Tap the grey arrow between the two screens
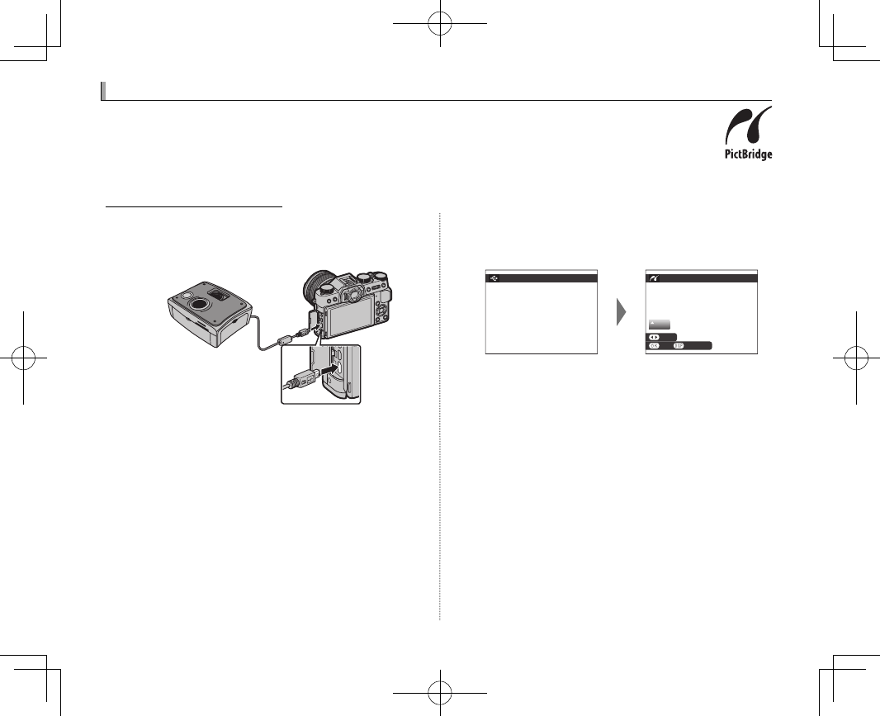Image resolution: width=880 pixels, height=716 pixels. click(x=620, y=312)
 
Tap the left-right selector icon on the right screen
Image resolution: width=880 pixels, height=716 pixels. click(x=653, y=337)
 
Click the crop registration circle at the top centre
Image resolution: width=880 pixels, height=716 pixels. click(x=441, y=23)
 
